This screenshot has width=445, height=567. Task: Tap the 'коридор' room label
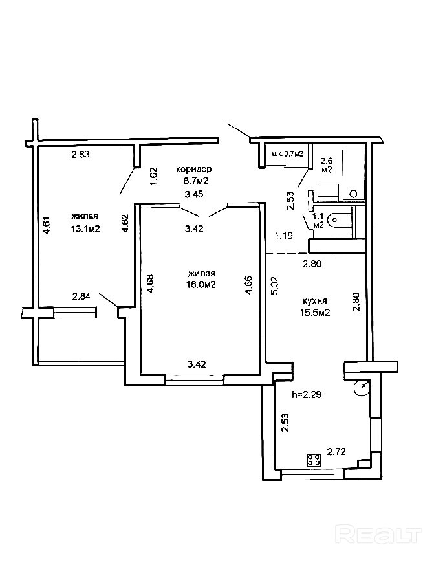coord(194,170)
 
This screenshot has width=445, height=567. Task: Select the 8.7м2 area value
coord(194,182)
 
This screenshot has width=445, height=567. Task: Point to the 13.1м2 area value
coord(85,228)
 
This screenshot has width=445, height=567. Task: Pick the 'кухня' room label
coord(315,301)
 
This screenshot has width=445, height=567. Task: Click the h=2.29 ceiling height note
coord(307,393)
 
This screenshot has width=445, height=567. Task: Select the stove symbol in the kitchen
coord(315,460)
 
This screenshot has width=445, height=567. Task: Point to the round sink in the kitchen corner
coord(362,388)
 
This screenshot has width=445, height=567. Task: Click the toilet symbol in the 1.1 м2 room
coord(338,220)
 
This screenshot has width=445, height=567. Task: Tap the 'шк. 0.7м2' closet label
coord(288,154)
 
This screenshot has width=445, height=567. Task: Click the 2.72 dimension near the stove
coord(336,451)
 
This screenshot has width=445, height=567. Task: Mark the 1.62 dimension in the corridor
coord(153,177)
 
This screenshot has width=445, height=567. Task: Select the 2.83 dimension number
coord(80,154)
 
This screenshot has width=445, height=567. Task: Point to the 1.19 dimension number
coord(283,236)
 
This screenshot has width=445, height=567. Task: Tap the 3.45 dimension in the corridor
coord(194,194)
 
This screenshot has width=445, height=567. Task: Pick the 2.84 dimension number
coord(81,297)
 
